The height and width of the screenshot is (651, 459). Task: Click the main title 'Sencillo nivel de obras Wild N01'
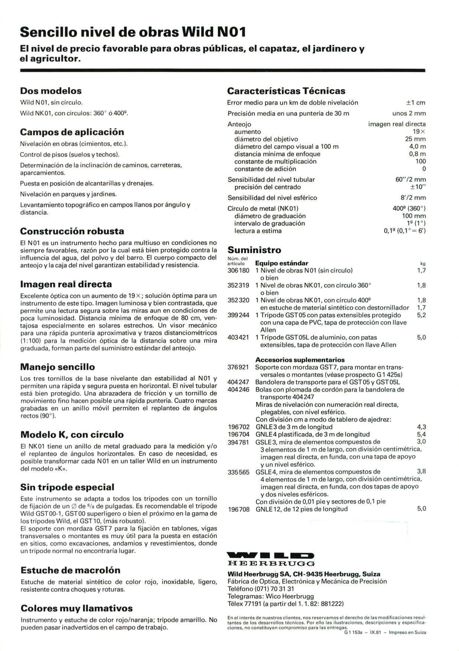coord(133,32)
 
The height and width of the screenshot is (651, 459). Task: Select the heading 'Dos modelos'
coord(51,91)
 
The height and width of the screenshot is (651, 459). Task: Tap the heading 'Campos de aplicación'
coord(72,132)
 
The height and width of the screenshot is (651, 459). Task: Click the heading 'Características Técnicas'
coord(286,91)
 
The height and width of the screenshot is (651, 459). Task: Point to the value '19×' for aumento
coord(419,132)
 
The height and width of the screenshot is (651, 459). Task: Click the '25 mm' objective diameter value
coord(416,139)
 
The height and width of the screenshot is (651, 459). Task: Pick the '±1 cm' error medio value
coord(416,103)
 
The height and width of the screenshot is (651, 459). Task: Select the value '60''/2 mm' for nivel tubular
coord(411,180)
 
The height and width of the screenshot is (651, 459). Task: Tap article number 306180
coord(238,270)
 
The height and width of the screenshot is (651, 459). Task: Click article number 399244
coord(238,315)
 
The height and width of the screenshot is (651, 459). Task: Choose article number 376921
coord(238,367)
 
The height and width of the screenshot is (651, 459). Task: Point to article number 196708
coord(238,509)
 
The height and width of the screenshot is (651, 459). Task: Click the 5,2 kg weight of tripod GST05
coord(421,315)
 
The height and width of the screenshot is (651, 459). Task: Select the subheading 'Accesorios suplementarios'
coord(300,360)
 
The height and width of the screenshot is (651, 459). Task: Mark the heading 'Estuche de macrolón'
coord(71,570)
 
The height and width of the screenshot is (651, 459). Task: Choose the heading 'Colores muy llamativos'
coord(77,608)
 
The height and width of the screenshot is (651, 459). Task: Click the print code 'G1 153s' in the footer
coord(353,632)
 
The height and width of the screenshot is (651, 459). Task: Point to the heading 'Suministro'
coord(254,250)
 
